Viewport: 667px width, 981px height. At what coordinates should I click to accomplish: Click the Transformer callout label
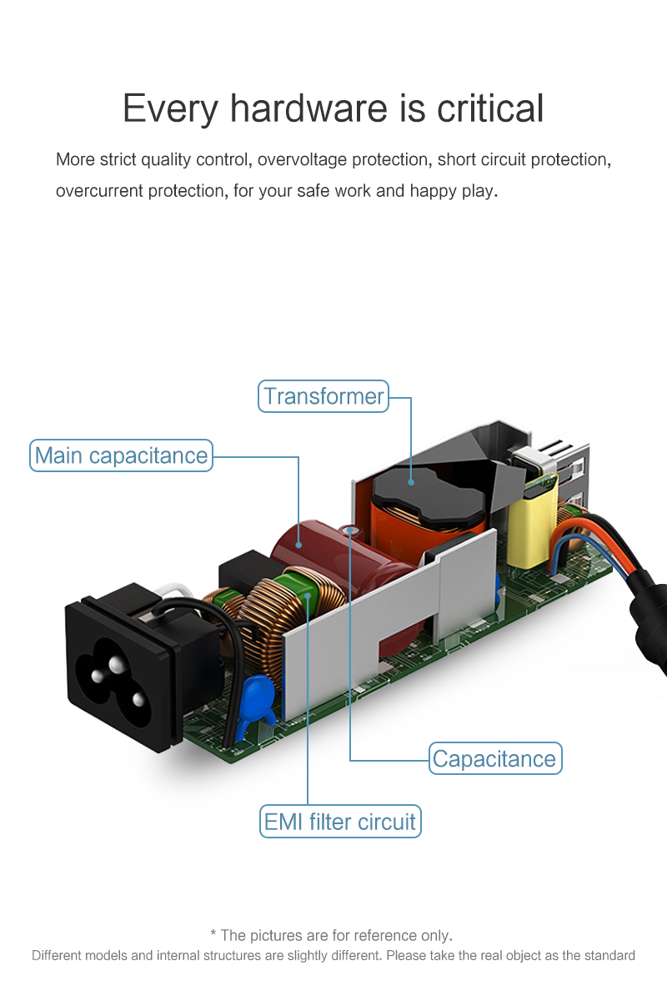tap(323, 396)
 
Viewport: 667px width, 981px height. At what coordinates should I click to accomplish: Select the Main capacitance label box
tap(121, 455)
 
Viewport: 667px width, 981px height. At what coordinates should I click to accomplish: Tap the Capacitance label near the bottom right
tap(494, 758)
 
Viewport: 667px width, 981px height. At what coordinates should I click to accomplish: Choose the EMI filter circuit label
tap(339, 822)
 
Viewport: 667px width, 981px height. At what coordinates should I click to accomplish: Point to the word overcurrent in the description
tap(99, 191)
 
